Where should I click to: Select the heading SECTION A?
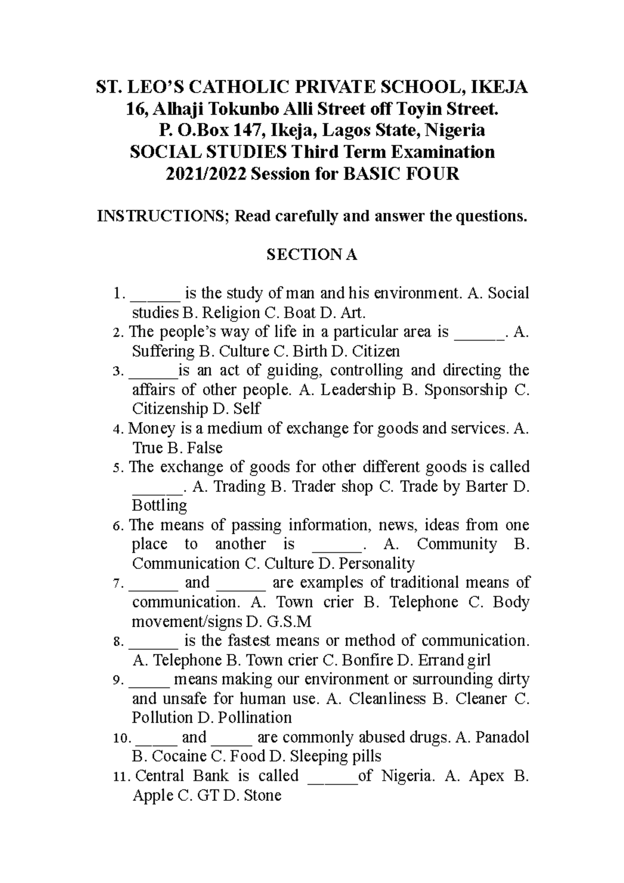(x=311, y=255)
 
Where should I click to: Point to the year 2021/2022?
(x=206, y=173)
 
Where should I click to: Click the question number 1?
(x=119, y=294)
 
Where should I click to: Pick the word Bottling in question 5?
(x=159, y=505)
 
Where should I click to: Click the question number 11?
(x=119, y=777)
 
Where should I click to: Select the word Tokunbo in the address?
(x=249, y=109)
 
